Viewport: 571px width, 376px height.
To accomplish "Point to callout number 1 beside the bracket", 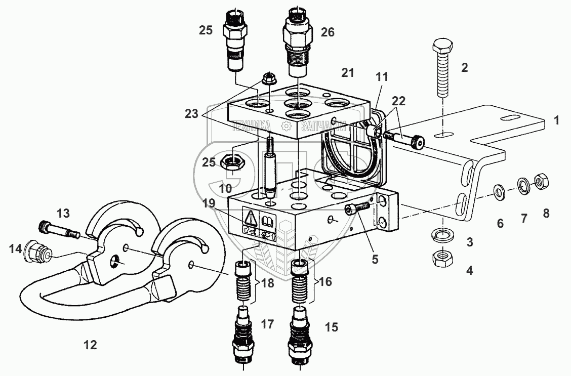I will coord(557,121).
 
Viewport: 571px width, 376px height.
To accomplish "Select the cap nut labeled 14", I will coord(37,250).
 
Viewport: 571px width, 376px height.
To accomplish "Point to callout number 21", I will coord(347,74).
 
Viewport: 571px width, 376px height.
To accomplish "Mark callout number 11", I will coord(381,78).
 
